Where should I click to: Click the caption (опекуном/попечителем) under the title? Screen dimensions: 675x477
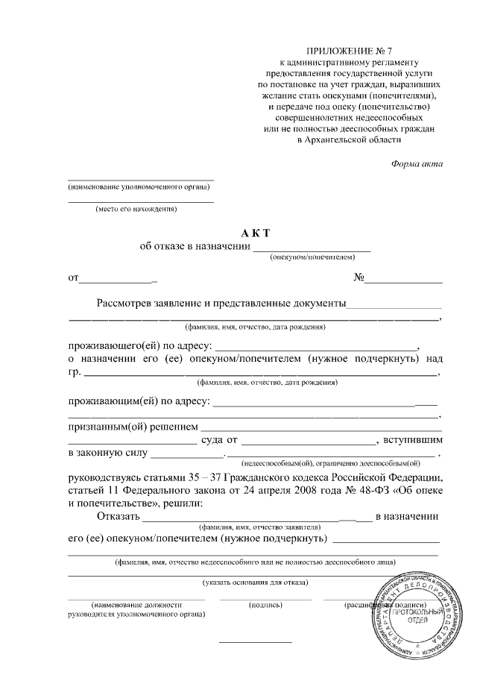tap(312, 256)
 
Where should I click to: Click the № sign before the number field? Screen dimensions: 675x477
tap(358, 278)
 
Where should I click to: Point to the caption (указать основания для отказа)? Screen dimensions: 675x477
tap(256, 582)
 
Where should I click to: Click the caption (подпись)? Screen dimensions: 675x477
tap(265, 604)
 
